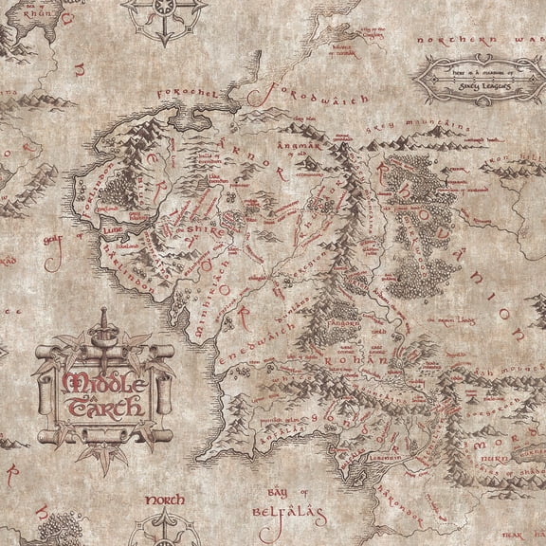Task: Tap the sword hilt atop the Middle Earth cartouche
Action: point(102,328)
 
